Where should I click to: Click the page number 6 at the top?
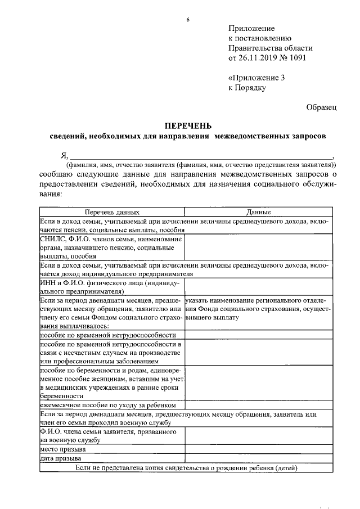188,21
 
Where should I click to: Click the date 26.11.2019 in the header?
259,57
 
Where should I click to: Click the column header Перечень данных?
112,213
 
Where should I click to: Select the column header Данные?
259,213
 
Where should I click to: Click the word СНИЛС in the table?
52,239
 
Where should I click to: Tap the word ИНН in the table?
48,284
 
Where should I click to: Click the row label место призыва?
62,450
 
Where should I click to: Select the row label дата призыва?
60,459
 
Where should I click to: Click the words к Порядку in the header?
247,88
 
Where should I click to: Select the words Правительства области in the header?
267,48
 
